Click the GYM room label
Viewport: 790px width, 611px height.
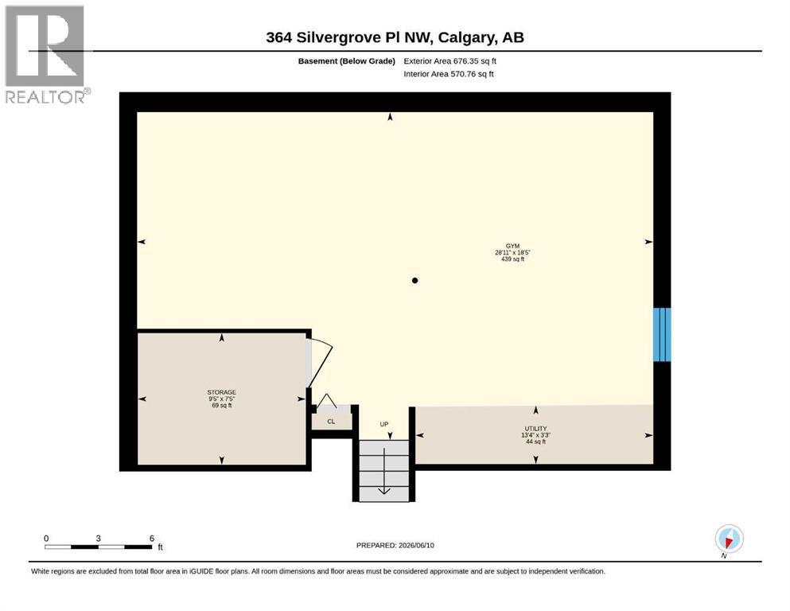(512, 247)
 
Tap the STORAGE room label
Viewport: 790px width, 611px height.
(222, 392)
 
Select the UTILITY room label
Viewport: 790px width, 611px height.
(535, 429)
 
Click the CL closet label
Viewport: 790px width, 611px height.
(331, 422)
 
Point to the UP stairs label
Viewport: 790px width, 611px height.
(384, 424)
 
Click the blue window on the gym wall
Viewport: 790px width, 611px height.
(662, 334)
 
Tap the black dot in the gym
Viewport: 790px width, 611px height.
(414, 281)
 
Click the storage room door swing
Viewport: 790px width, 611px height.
(321, 362)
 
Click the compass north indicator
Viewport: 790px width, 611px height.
(729, 539)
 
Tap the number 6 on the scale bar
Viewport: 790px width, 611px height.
(152, 539)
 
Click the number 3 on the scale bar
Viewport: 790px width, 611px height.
(98, 539)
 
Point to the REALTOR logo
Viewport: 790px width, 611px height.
(46, 54)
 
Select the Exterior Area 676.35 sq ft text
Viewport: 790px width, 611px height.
(450, 61)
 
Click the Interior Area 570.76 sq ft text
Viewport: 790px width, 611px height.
(449, 74)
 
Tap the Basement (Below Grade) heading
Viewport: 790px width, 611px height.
(347, 61)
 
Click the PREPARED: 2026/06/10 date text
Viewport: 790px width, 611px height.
(395, 545)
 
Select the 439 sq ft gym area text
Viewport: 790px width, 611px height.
(513, 259)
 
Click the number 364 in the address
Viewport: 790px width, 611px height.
(278, 37)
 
